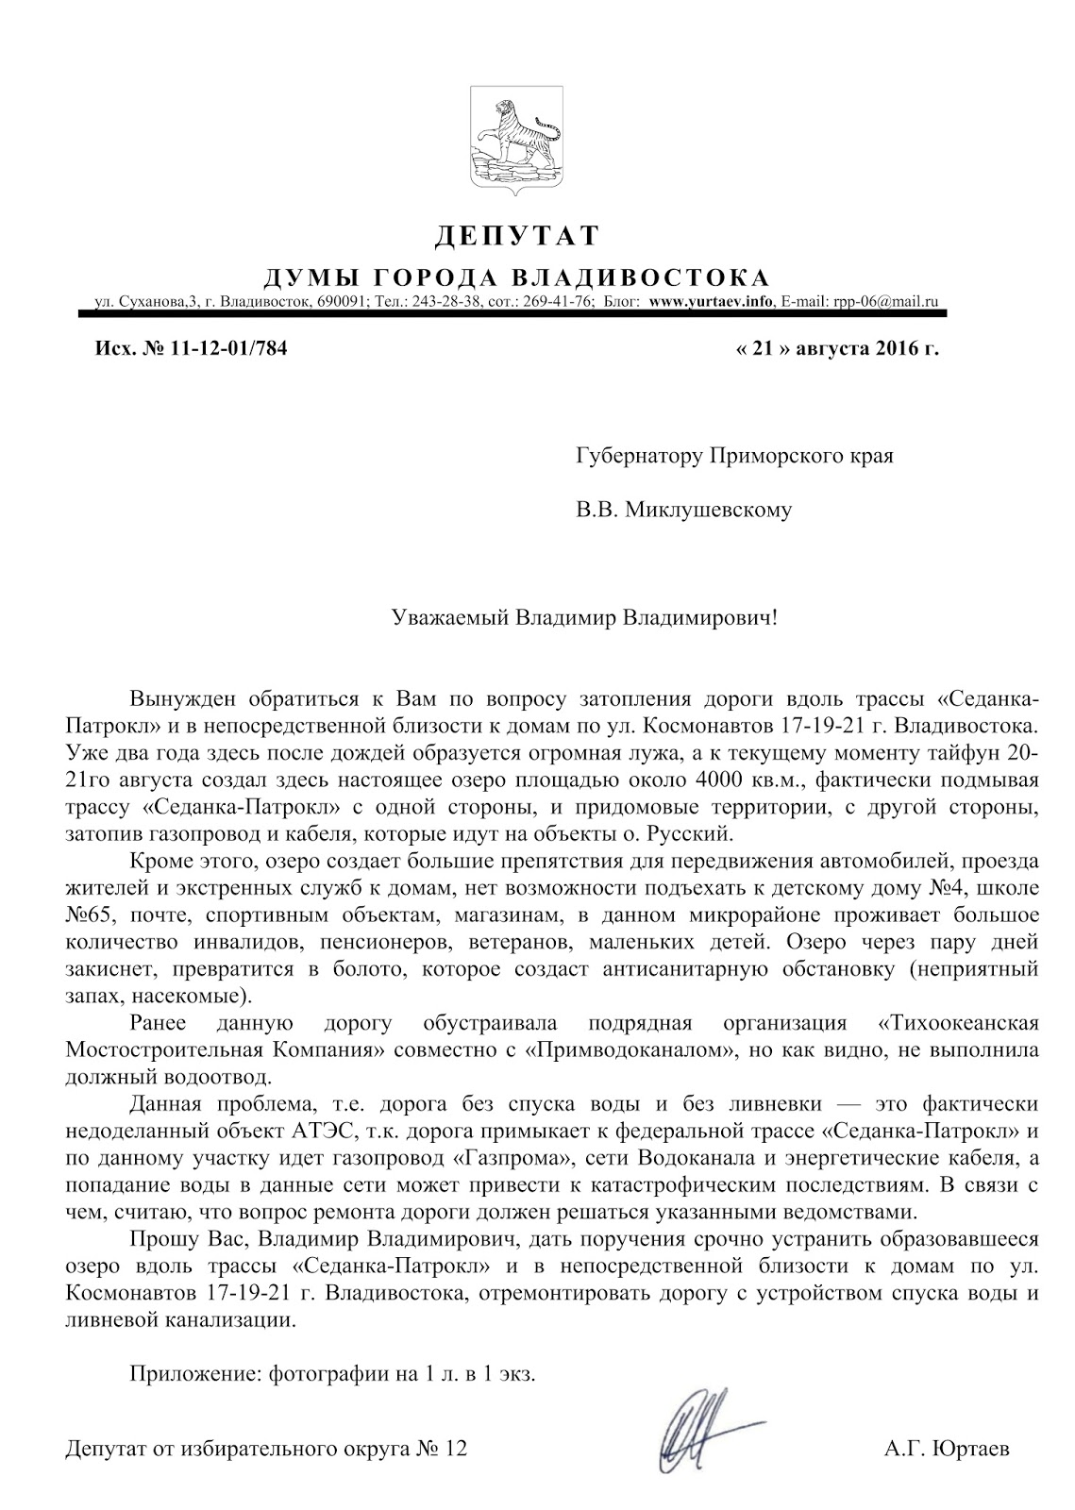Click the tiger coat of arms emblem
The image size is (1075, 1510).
point(516,139)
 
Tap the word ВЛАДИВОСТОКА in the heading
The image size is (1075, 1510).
point(640,277)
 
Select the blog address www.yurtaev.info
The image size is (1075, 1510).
point(712,303)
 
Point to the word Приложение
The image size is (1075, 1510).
point(185,1374)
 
